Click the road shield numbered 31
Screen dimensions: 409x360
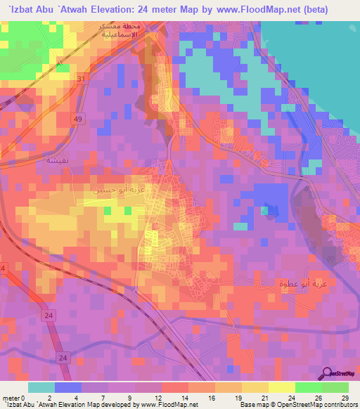click(82, 78)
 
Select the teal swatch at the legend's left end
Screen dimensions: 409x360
click(41, 387)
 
